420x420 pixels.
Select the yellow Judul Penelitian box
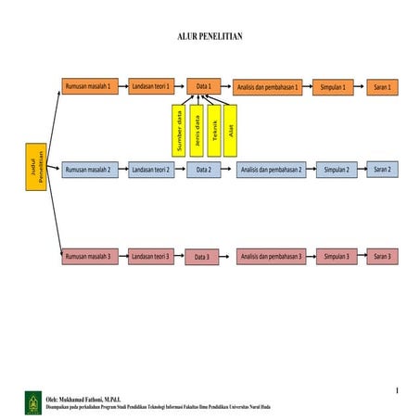pyautogui.click(x=34, y=170)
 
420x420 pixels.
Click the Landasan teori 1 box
pyautogui.click(x=150, y=87)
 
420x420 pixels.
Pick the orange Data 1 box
pyautogui.click(x=204, y=87)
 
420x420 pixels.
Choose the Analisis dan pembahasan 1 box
pyautogui.click(x=267, y=88)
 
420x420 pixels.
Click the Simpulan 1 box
pyautogui.click(x=332, y=88)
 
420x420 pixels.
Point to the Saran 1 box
pyautogui.click(x=383, y=87)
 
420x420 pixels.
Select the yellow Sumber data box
pyautogui.click(x=179, y=131)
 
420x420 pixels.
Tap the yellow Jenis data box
pyautogui.click(x=197, y=131)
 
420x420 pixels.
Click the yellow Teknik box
pyautogui.click(x=214, y=131)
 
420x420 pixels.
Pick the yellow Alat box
pyautogui.click(x=231, y=131)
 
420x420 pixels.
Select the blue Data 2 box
pyautogui.click(x=203, y=170)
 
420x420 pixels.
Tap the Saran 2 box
pyautogui.click(x=383, y=170)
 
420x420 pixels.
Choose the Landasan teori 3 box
pyautogui.click(x=150, y=256)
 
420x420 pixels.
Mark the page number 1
pyautogui.click(x=396, y=390)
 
